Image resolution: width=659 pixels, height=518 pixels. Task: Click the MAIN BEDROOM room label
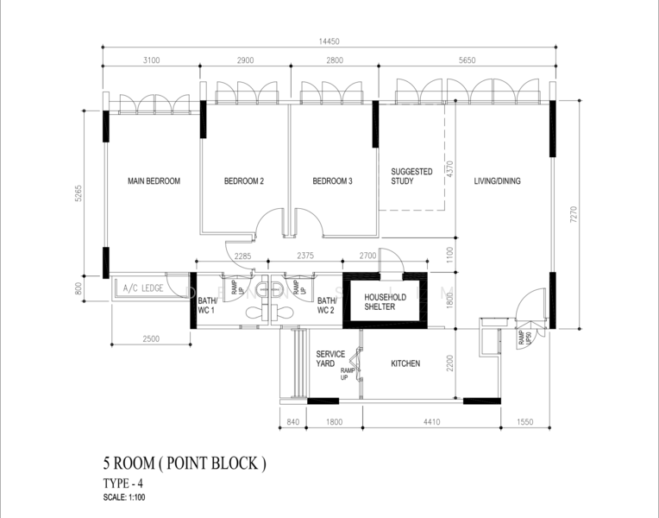coord(154,181)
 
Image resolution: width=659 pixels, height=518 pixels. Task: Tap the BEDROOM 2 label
coord(244,181)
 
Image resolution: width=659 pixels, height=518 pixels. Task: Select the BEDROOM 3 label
coord(332,181)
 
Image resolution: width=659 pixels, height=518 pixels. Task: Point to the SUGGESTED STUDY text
coord(411,177)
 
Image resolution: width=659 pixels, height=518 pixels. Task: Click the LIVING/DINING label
coord(498,181)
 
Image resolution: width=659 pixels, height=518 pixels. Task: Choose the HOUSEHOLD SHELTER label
coord(386,301)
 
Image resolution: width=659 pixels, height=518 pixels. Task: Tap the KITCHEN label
coord(405,364)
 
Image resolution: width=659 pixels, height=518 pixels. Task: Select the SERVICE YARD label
coord(330,359)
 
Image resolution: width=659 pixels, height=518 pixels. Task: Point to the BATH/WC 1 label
coord(207,304)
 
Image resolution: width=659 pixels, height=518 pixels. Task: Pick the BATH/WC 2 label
coord(326,304)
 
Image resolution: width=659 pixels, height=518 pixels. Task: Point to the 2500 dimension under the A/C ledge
coord(151,339)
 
